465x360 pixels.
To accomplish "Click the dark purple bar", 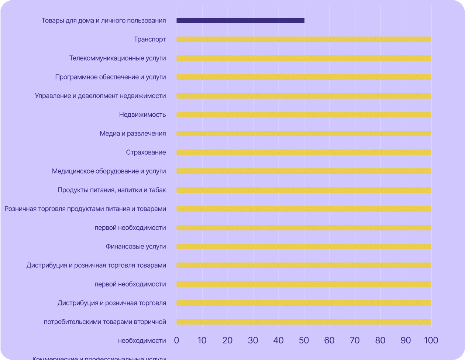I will [x=240, y=21].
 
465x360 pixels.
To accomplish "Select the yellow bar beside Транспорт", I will [x=304, y=40].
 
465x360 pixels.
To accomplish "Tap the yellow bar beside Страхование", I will [x=304, y=152].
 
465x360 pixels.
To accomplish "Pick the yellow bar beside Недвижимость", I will [x=304, y=115].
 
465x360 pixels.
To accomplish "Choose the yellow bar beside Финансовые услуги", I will [x=304, y=247].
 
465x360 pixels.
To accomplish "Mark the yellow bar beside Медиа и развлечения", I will [x=304, y=134].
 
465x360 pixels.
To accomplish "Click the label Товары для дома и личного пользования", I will [x=104, y=21].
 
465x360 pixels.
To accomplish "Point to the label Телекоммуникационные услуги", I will [x=117, y=58].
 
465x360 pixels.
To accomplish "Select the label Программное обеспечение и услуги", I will [x=110, y=77].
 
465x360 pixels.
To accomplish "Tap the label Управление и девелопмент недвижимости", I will [x=100, y=96].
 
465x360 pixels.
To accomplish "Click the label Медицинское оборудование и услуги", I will [x=109, y=171].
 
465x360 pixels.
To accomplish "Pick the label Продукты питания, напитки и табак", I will [x=112, y=190].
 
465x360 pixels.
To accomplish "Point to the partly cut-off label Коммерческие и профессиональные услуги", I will [x=99, y=358].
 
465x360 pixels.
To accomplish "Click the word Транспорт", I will [x=150, y=40].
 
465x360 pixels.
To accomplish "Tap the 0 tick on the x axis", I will [x=176, y=340].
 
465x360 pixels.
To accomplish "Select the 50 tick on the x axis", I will [x=304, y=340].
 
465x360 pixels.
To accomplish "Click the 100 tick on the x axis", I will [x=431, y=340].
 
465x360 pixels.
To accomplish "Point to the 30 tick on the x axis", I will [x=253, y=340].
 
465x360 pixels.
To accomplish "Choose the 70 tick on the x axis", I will [x=355, y=340].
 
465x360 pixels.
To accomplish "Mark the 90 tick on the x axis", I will [x=406, y=340].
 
